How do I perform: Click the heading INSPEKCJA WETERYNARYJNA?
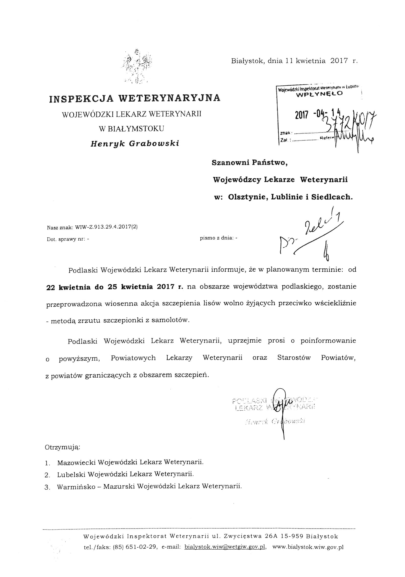(135, 98)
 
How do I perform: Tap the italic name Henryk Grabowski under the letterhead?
(135, 143)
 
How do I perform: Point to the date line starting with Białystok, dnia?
(294, 61)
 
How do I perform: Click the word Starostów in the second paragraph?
(294, 358)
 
